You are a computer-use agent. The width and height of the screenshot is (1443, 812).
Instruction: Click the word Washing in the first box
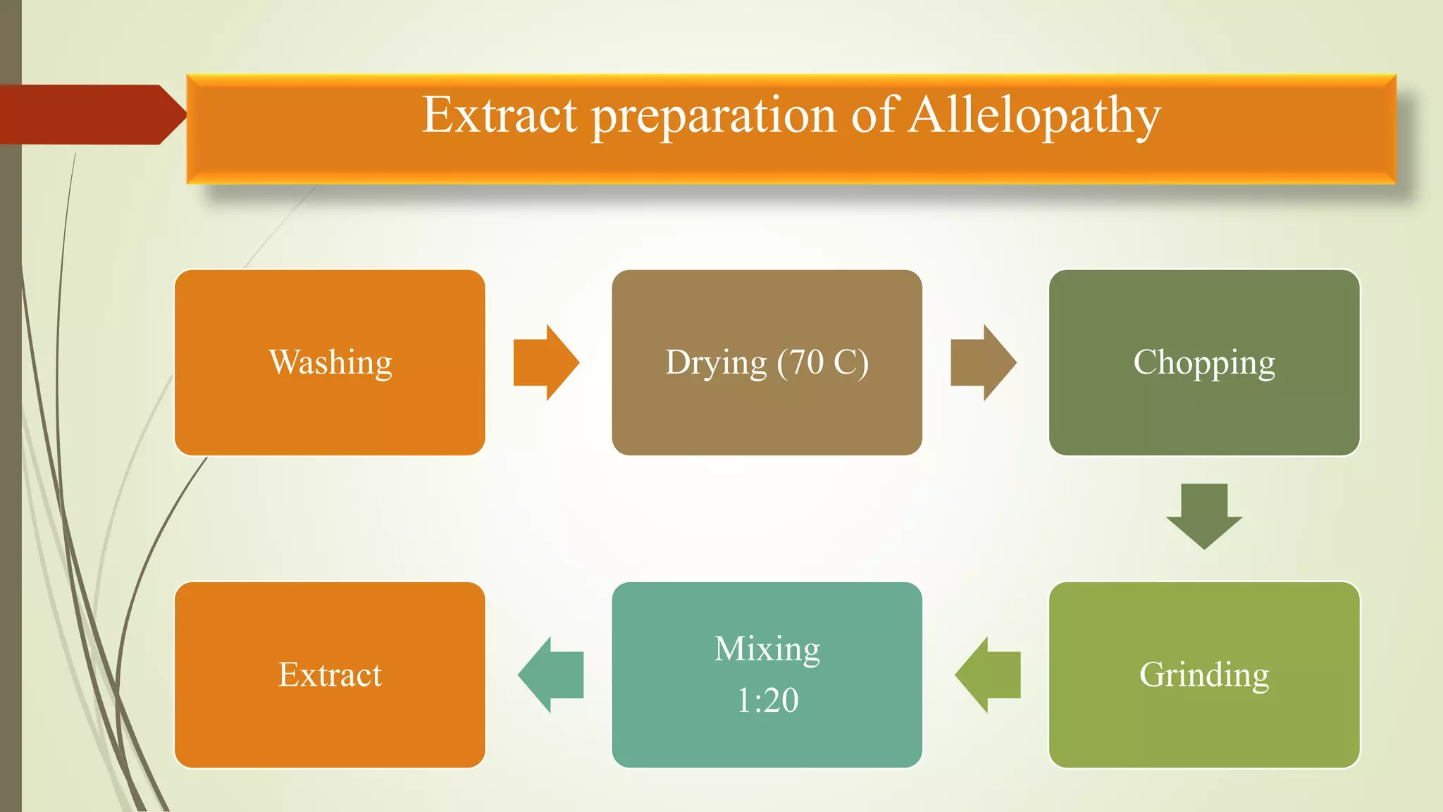click(x=330, y=363)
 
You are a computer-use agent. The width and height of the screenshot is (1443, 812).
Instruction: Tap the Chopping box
click(x=1203, y=363)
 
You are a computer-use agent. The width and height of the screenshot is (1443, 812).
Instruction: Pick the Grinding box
click(x=1203, y=675)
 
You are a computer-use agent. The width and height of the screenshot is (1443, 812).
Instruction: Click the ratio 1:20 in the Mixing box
click(x=767, y=701)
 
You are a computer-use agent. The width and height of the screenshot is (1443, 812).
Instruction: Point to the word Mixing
click(x=767, y=648)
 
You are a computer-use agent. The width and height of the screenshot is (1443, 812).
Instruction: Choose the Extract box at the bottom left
click(x=330, y=675)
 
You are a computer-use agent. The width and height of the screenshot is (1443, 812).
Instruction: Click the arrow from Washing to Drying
click(x=545, y=363)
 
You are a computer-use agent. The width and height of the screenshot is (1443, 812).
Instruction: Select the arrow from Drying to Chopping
click(x=982, y=363)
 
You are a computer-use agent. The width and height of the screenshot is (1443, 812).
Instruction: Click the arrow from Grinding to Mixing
click(x=988, y=675)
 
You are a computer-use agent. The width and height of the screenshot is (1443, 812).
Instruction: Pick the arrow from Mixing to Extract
click(x=551, y=675)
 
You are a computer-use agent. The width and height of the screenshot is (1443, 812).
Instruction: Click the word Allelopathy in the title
click(x=1034, y=115)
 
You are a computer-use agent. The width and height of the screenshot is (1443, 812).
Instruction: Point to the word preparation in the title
click(x=713, y=115)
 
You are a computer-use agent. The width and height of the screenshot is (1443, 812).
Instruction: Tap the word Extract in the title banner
click(x=500, y=115)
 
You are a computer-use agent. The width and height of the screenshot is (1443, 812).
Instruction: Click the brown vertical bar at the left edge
click(x=11, y=458)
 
